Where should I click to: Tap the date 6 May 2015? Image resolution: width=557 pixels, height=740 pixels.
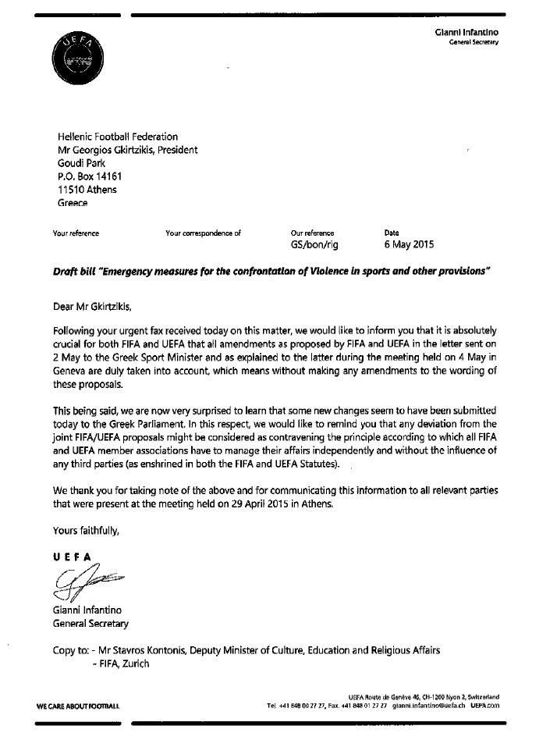pos(410,244)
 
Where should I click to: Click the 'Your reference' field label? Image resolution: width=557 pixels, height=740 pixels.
pos(76,233)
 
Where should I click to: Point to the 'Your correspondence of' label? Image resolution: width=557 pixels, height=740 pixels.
pos(204,233)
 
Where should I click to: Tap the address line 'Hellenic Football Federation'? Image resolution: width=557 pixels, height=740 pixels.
pos(118,137)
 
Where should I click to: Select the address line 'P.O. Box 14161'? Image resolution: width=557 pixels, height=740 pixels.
pos(90,176)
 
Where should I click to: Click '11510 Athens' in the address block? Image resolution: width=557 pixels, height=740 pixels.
pos(87,190)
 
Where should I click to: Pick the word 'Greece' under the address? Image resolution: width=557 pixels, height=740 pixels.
pos(73,203)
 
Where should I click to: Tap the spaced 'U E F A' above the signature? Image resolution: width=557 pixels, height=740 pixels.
pos(72,556)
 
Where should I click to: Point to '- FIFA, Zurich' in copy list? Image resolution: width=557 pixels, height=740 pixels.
pos(120,664)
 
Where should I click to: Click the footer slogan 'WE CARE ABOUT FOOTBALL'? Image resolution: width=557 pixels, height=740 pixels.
pos(78,706)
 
